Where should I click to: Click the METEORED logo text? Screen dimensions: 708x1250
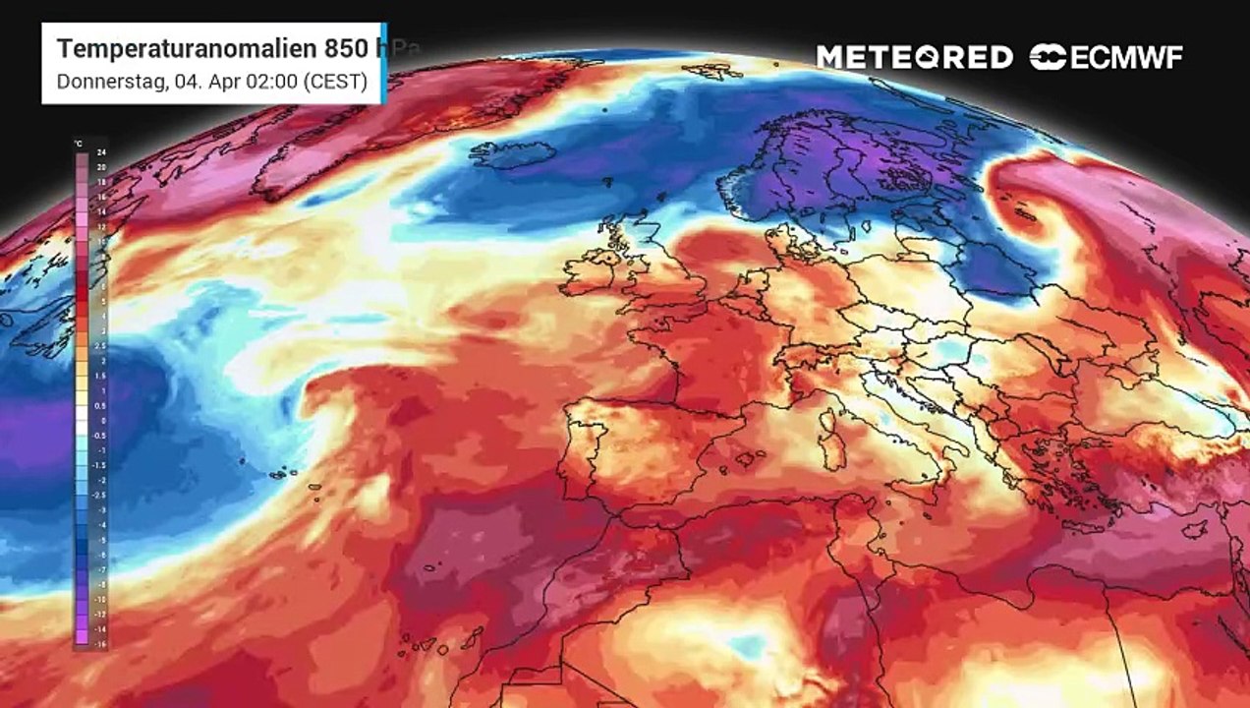click(x=914, y=57)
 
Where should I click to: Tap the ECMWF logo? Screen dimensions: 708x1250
click(x=1107, y=57)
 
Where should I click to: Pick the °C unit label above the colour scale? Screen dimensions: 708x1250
click(x=79, y=144)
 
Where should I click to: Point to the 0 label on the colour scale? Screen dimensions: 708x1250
click(x=102, y=420)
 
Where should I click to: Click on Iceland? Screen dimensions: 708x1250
click(x=512, y=154)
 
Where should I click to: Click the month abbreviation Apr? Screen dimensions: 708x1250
click(x=218, y=82)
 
